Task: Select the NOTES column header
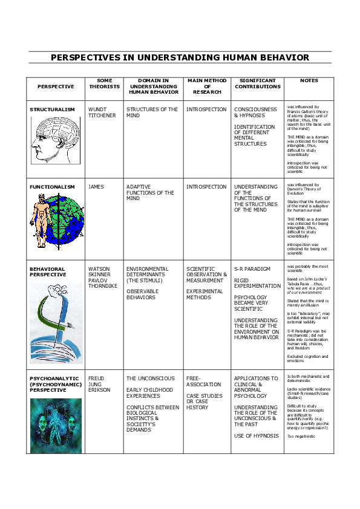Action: pyautogui.click(x=309, y=80)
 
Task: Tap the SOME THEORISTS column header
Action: pyautogui.click(x=104, y=83)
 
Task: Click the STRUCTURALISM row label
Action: pyautogui.click(x=53, y=109)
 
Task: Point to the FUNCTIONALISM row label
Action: pyautogui.click(x=52, y=187)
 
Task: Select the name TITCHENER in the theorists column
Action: pyautogui.click(x=101, y=115)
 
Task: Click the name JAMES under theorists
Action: pyautogui.click(x=96, y=187)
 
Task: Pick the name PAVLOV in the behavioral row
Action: pyautogui.click(x=98, y=280)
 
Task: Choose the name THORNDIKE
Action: pyautogui.click(x=103, y=286)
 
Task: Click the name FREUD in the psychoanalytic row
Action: pyautogui.click(x=96, y=378)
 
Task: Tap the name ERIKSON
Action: pyautogui.click(x=99, y=390)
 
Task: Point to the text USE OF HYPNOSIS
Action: pyautogui.click(x=256, y=436)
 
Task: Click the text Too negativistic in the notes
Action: pyautogui.click(x=301, y=436)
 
